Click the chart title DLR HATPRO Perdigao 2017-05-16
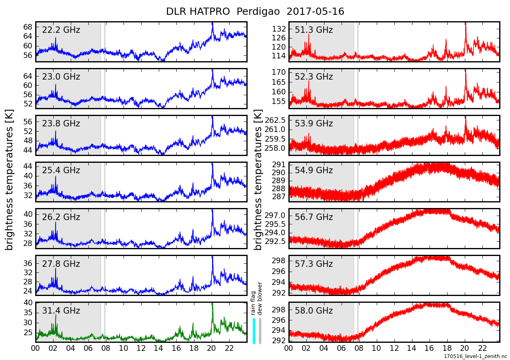[x=255, y=12]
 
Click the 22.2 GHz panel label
[x=61, y=30]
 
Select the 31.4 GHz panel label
[x=61, y=311]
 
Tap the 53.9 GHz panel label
[x=314, y=124]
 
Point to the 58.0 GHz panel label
[x=314, y=311]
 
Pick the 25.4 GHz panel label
[x=61, y=170]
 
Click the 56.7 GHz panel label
[x=314, y=217]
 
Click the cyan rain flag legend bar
[x=254, y=330]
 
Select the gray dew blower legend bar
[x=260, y=330]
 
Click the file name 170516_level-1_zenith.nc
[x=475, y=356]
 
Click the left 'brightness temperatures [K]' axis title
[x=10, y=180]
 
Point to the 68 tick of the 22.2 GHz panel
[x=28, y=27]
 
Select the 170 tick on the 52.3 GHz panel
[x=279, y=72]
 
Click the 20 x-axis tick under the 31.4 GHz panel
[x=212, y=348]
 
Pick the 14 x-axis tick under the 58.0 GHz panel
[x=412, y=348]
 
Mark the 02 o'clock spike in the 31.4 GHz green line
[x=56, y=316]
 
